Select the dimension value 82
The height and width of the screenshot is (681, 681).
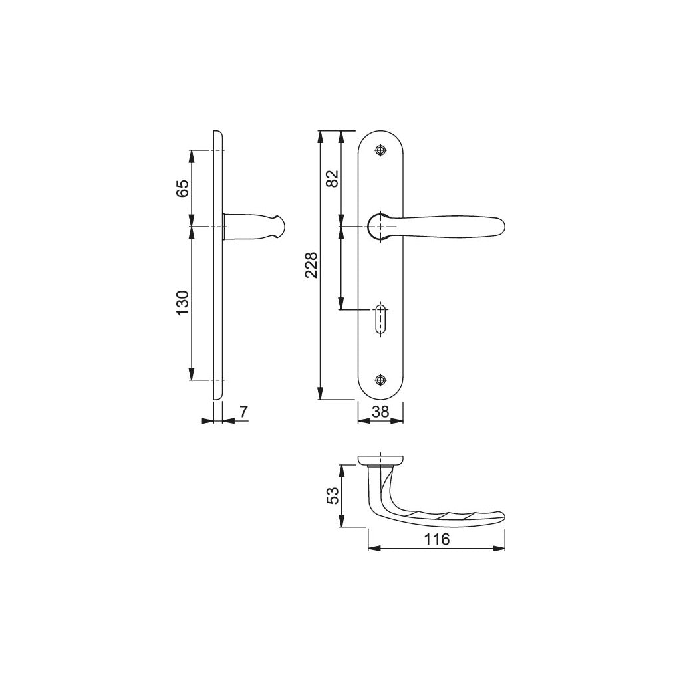point(333,178)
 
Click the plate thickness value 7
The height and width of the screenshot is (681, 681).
point(243,412)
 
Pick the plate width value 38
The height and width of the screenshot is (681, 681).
point(380,412)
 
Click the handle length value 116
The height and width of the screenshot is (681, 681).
point(436,539)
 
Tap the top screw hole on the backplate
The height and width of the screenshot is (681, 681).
point(380,150)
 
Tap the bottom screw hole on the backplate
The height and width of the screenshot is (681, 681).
point(380,380)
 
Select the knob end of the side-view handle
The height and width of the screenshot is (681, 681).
point(279,227)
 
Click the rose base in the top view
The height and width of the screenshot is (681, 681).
point(380,460)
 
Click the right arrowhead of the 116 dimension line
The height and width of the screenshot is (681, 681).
point(499,549)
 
